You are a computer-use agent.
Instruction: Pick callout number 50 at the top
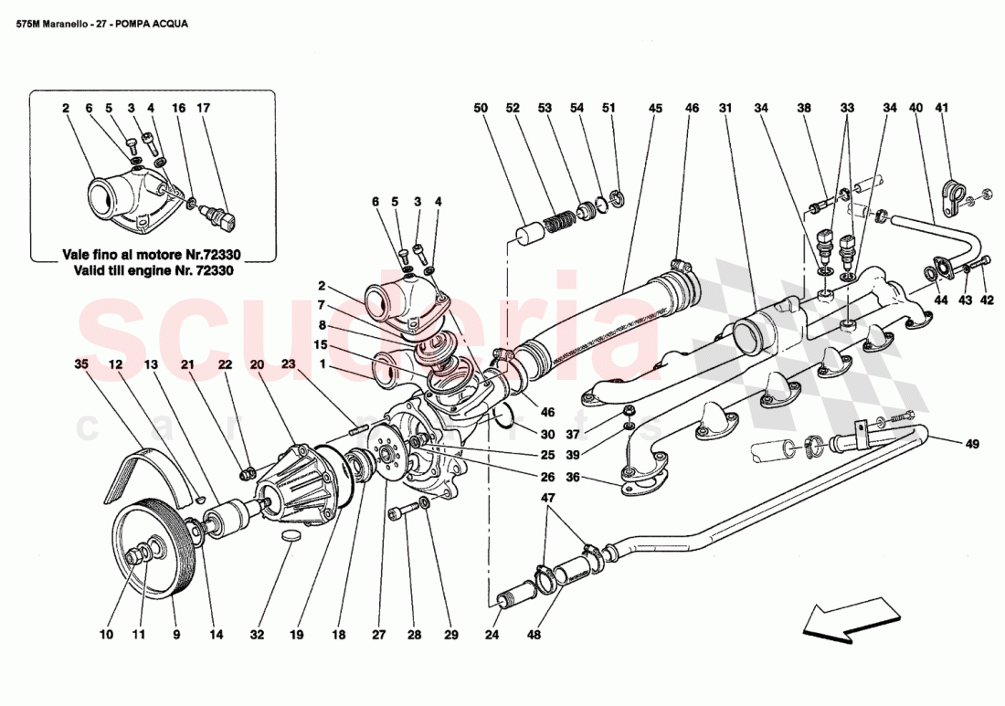(481, 108)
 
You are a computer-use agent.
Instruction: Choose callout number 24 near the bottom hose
(493, 635)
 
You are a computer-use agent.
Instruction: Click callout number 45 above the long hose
(654, 108)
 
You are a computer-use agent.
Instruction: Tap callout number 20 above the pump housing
(257, 364)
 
